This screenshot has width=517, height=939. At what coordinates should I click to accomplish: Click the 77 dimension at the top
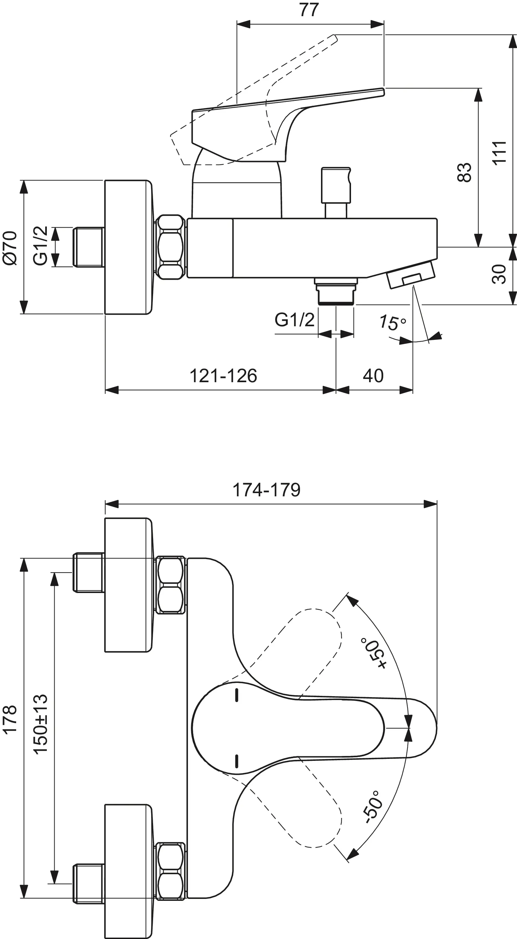(309, 10)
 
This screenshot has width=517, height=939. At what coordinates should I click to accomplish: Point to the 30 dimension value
(499, 274)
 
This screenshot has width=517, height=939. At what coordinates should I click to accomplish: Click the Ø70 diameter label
(10, 248)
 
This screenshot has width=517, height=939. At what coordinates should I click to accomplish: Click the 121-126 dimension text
(223, 376)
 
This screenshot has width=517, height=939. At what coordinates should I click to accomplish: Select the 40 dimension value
(373, 376)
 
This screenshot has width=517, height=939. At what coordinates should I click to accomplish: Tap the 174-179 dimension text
(266, 490)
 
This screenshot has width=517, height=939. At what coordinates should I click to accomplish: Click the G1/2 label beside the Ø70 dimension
(40, 246)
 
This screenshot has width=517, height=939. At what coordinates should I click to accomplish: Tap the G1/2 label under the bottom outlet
(294, 320)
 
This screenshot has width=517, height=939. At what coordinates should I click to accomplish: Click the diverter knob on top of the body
(336, 185)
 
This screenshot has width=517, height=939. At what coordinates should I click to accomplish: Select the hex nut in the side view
(171, 247)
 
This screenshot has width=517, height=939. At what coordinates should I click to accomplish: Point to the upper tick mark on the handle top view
(237, 696)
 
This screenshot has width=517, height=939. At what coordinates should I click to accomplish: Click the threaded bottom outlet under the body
(336, 291)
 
